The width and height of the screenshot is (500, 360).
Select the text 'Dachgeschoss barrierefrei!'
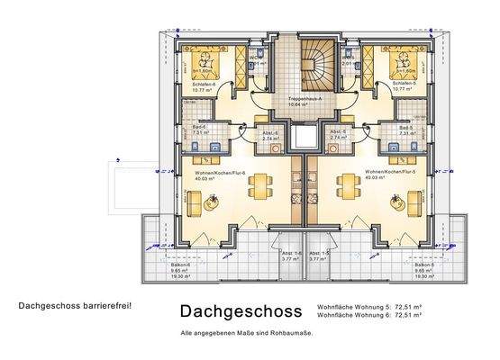[x=75, y=306]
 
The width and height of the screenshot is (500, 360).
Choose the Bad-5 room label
[x=405, y=129]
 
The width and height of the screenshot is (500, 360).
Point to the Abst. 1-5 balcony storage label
[x=319, y=255]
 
